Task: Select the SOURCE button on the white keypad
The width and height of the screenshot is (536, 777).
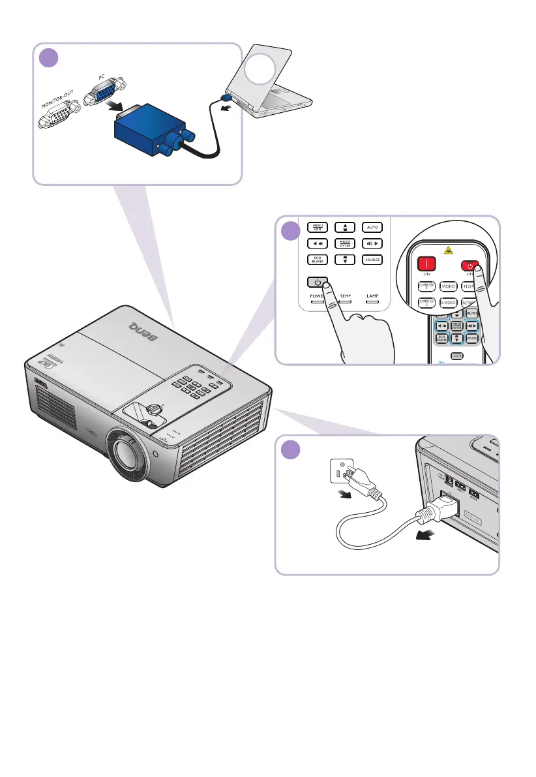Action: [x=372, y=260]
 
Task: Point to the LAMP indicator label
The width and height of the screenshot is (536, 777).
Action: [x=372, y=296]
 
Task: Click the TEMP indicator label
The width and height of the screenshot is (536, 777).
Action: [x=344, y=296]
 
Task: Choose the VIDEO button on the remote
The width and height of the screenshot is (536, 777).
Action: [x=448, y=286]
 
